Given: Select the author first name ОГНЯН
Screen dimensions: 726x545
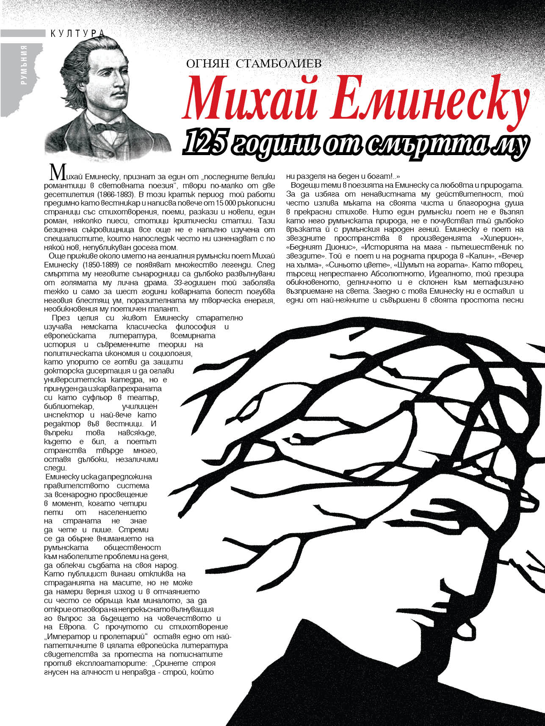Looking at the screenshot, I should click(207, 64).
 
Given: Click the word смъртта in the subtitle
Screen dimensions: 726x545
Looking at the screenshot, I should click(423, 144).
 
